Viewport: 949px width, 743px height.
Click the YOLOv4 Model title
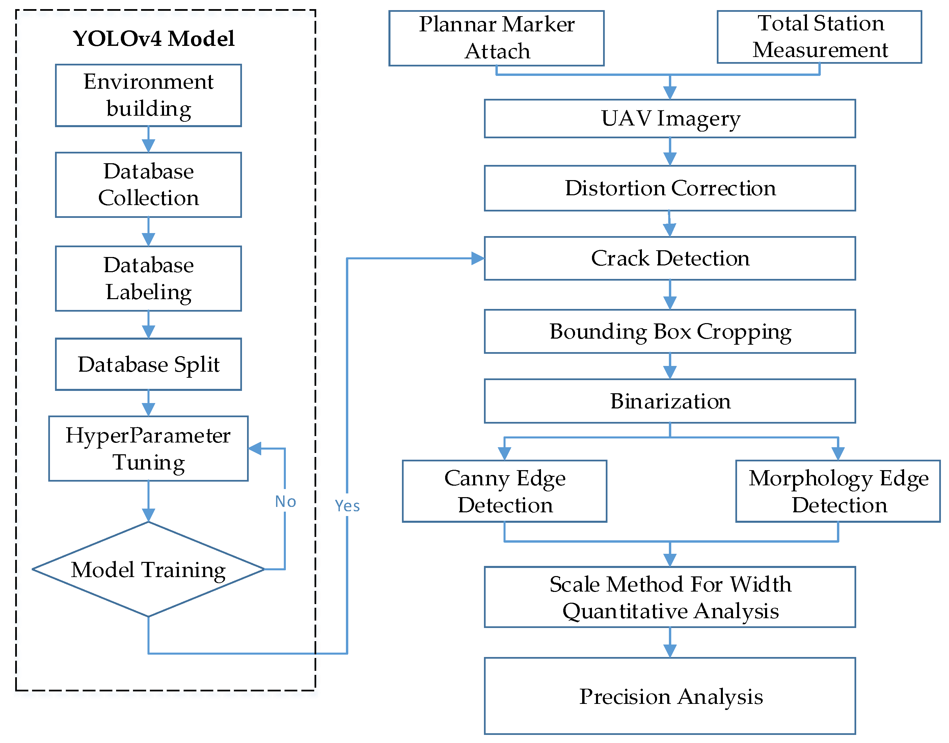(153, 39)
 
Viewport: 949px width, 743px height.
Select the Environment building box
(148, 95)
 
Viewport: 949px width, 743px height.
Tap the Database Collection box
(148, 184)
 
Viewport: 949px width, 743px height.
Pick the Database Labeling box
(148, 278)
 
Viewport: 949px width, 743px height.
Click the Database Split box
(148, 364)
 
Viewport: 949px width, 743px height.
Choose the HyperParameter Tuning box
(148, 449)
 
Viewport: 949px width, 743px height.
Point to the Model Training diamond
(148, 569)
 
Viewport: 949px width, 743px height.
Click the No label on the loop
(286, 502)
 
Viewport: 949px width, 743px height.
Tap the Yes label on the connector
(347, 506)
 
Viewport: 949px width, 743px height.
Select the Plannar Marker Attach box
(496, 38)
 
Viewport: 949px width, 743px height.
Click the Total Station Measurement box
(819, 37)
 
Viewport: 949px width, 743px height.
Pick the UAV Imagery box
(670, 118)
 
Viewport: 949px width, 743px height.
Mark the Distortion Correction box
(670, 188)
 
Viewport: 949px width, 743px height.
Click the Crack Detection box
(670, 258)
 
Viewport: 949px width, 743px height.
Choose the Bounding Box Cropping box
(670, 332)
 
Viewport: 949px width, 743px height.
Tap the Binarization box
(670, 401)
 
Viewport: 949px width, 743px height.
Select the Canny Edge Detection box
(505, 491)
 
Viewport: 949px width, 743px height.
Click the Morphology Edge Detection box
(838, 491)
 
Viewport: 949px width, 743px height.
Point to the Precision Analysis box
(670, 696)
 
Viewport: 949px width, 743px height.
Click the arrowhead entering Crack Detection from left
(478, 258)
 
